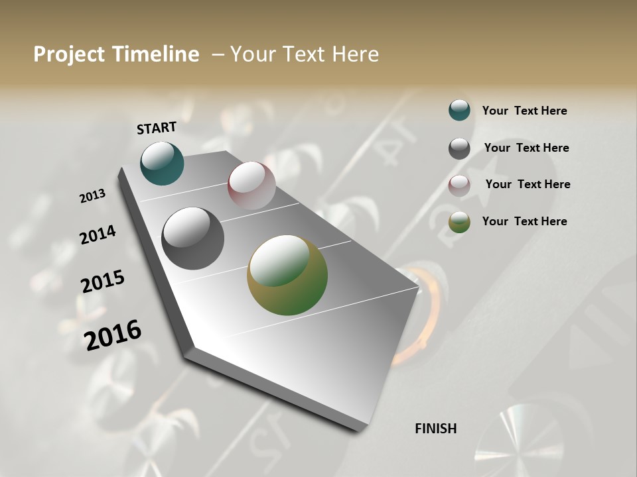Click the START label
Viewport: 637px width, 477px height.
click(157, 127)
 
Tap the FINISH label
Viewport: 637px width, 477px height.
click(436, 429)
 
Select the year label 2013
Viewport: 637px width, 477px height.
click(92, 196)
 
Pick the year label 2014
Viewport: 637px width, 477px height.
click(98, 235)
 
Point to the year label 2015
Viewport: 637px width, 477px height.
click(103, 282)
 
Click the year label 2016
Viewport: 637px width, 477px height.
click(113, 335)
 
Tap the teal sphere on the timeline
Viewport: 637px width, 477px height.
click(162, 163)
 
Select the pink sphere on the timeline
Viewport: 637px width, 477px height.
click(251, 185)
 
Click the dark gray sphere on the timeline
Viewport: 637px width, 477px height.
click(192, 238)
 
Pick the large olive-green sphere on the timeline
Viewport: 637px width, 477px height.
click(287, 275)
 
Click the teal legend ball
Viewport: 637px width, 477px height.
click(459, 110)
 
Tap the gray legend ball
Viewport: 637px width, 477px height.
click(459, 148)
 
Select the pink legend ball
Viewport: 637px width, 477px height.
click(459, 185)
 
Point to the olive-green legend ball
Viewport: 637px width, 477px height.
click(459, 222)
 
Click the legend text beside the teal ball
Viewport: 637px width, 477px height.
click(524, 111)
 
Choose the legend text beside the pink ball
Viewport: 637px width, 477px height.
click(528, 184)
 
